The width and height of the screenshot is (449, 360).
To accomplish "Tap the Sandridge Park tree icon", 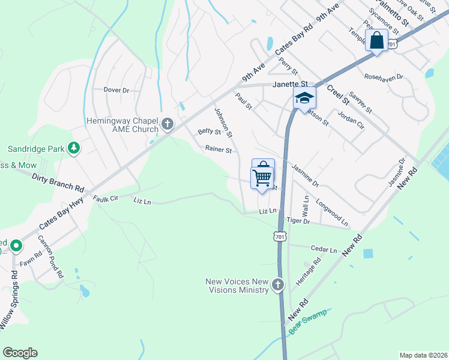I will [x=74, y=148].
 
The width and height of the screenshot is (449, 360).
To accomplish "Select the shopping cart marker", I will [x=262, y=176].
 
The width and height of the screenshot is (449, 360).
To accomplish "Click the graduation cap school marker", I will [x=304, y=97].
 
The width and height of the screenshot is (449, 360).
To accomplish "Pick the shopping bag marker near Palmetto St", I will [x=377, y=41].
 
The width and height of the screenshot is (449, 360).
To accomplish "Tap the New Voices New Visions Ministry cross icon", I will [x=277, y=286].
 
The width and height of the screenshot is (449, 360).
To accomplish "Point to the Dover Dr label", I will [x=116, y=90].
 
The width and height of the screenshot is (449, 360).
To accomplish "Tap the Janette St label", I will [x=291, y=85].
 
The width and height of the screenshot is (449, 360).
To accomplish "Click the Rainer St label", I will [x=218, y=149].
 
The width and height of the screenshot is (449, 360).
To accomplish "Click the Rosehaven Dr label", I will [x=384, y=77].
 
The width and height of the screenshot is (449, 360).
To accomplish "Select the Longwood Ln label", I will [x=332, y=211].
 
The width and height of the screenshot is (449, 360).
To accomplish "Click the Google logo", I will [x=20, y=352].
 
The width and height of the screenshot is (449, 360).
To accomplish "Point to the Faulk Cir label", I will [x=106, y=197].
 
